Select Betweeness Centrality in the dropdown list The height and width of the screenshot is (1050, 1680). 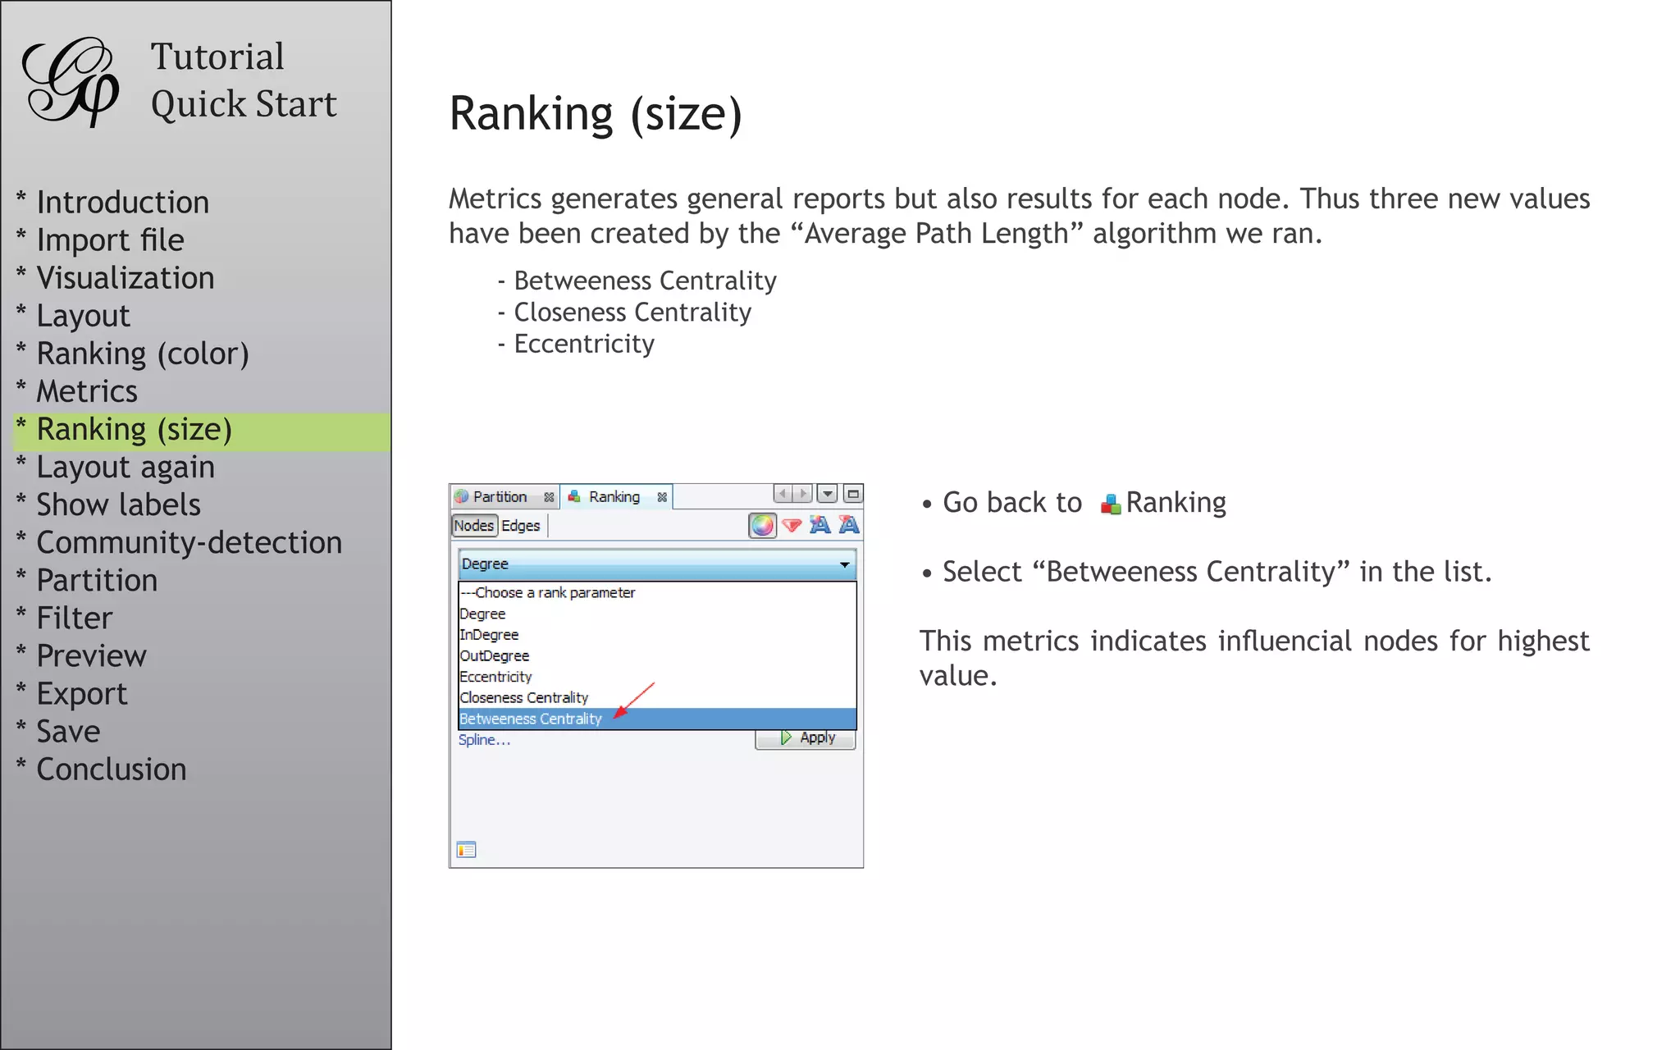(531, 719)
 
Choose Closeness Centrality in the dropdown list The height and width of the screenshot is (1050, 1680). (523, 698)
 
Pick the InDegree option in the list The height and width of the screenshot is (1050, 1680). (489, 635)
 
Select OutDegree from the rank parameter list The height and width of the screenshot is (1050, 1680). (494, 656)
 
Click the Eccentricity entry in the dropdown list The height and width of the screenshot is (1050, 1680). (495, 677)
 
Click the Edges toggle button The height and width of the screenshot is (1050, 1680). (521, 526)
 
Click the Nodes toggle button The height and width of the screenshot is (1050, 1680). (474, 526)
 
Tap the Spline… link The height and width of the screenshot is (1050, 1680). (484, 740)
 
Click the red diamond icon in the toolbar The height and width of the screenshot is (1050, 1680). (792, 526)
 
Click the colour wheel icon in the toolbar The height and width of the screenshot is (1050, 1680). (762, 526)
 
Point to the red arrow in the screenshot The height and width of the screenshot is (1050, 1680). (633, 700)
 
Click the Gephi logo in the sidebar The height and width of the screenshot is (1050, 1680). (71, 81)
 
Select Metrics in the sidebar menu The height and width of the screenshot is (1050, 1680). (87, 391)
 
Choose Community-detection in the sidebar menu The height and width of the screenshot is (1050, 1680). (189, 542)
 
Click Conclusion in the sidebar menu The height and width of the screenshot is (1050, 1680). (112, 769)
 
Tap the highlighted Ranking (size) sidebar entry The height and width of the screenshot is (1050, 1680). (135, 430)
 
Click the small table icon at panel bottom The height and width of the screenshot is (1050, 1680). (467, 850)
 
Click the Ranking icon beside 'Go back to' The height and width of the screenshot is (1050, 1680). (1111, 504)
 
